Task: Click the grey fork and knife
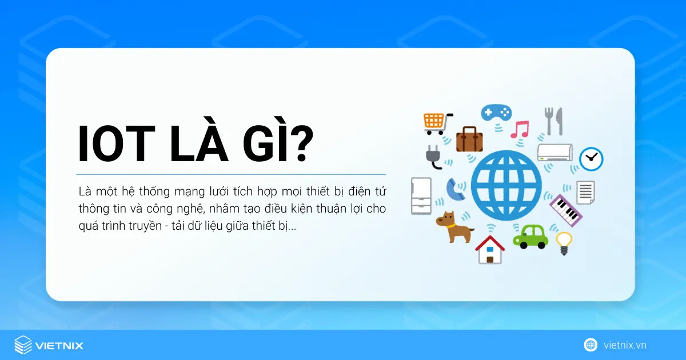pyautogui.click(x=553, y=121)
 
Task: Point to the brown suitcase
pyautogui.click(x=469, y=139)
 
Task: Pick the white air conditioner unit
pyautogui.click(x=555, y=153)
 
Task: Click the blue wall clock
pyautogui.click(x=591, y=159)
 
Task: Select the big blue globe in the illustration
pyautogui.click(x=505, y=182)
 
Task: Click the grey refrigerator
pyautogui.click(x=421, y=195)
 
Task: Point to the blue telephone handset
pyautogui.click(x=456, y=190)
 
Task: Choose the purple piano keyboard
pyautogui.click(x=565, y=209)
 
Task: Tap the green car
pyautogui.click(x=530, y=235)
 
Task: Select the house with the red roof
pyautogui.click(x=490, y=249)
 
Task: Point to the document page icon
pyautogui.click(x=585, y=192)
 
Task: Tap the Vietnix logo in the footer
pyautogui.click(x=49, y=345)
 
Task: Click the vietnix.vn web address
pyautogui.click(x=624, y=345)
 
